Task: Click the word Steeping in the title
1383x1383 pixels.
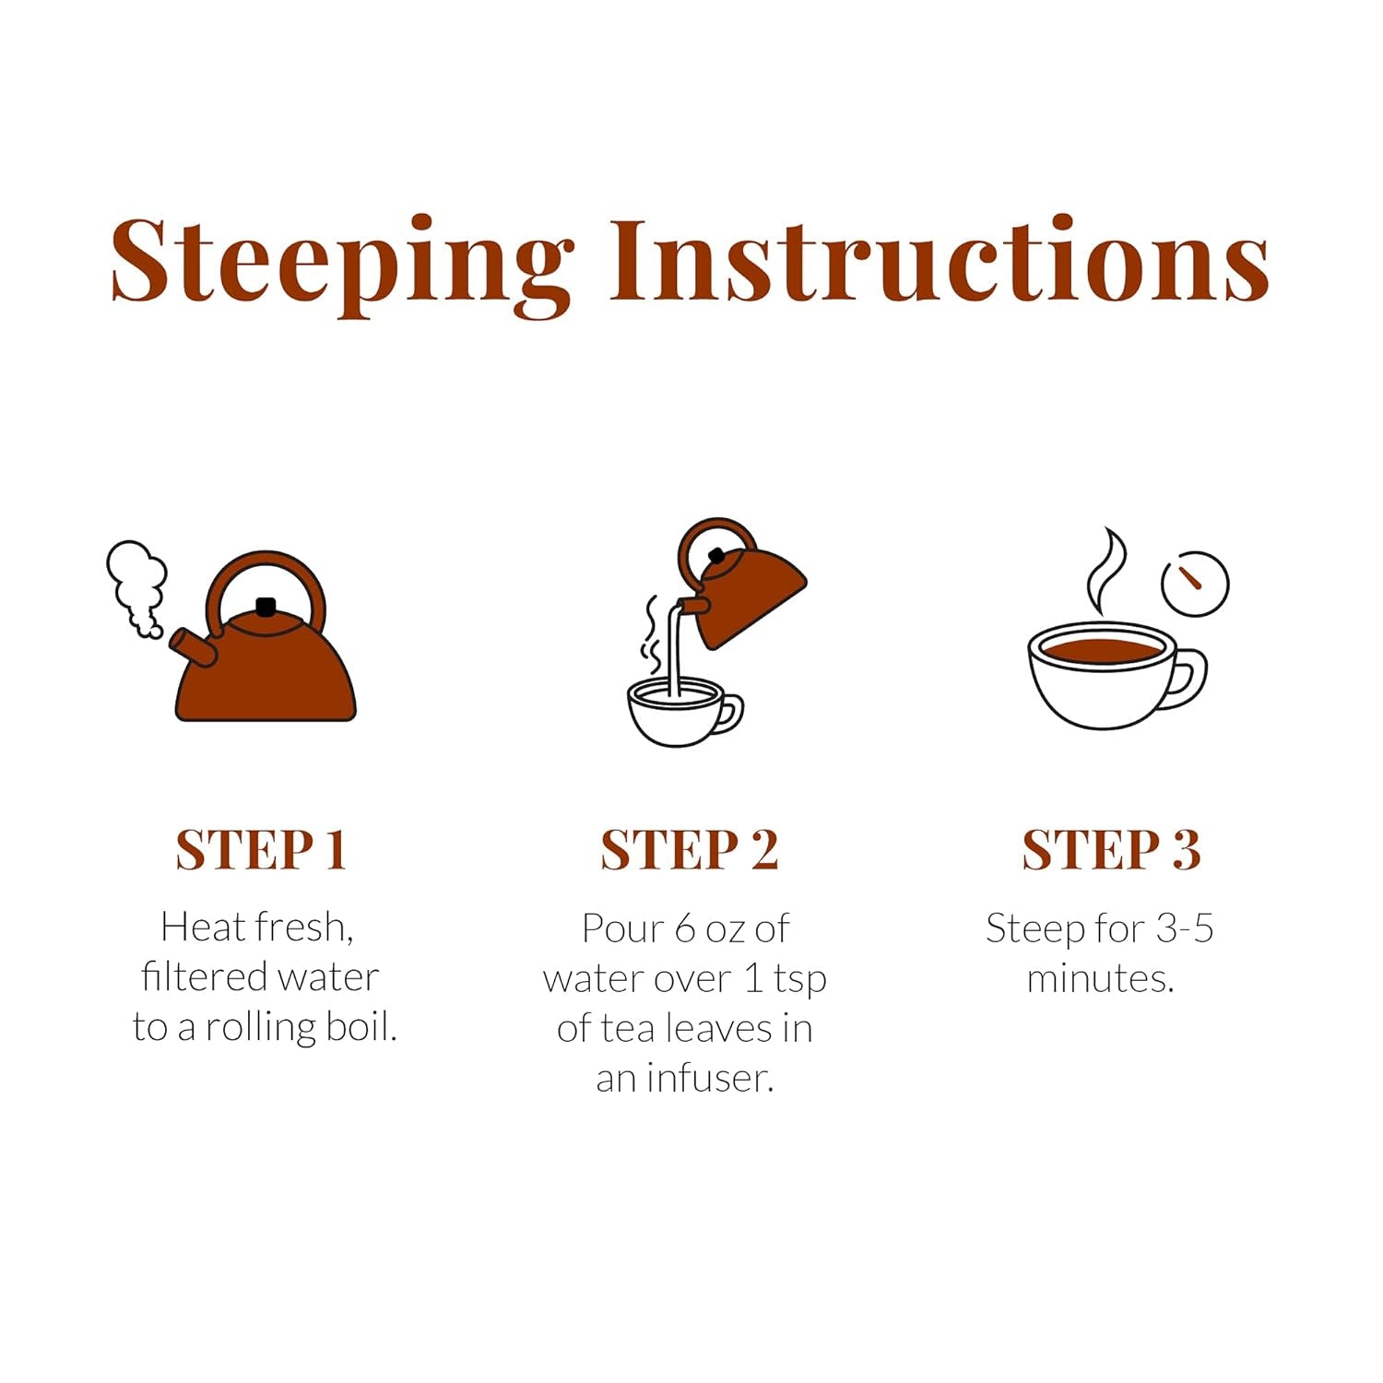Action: [x=342, y=265]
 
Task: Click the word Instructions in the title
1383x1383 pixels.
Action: [x=939, y=259]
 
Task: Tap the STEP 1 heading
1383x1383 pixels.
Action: [x=261, y=849]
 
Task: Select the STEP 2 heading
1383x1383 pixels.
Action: [x=690, y=849]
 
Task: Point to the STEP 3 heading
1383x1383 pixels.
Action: [x=1111, y=849]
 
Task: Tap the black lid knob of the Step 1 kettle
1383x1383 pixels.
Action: [x=266, y=607]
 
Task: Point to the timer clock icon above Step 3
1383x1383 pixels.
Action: [x=1195, y=584]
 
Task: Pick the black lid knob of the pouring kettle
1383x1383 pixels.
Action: [x=716, y=556]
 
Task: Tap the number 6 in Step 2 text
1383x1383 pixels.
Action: [x=685, y=928]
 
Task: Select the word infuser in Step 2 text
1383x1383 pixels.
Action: [x=709, y=1078]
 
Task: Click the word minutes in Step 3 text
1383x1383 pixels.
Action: [x=1100, y=978]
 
